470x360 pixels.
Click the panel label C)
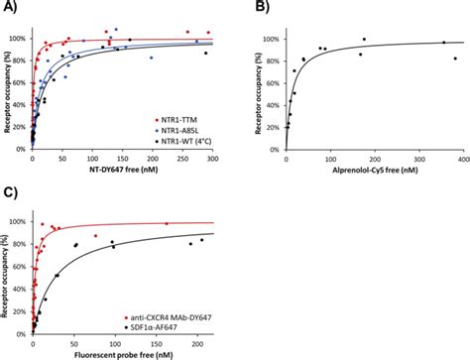9,195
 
